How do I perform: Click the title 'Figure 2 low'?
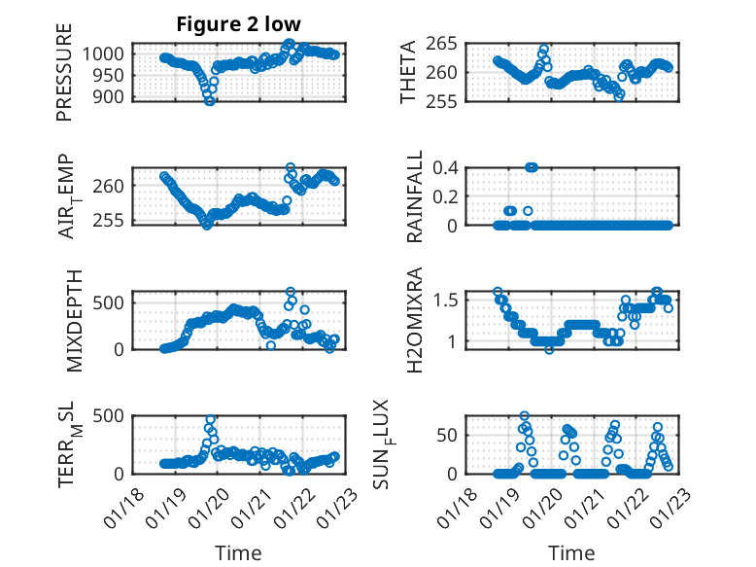click(x=238, y=24)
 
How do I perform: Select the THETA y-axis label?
click(x=408, y=72)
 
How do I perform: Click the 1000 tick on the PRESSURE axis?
click(x=105, y=54)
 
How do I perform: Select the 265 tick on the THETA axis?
click(x=444, y=44)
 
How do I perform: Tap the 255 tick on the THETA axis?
click(x=444, y=100)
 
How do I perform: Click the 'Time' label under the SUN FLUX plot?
click(x=572, y=553)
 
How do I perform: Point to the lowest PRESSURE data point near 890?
click(x=209, y=100)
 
